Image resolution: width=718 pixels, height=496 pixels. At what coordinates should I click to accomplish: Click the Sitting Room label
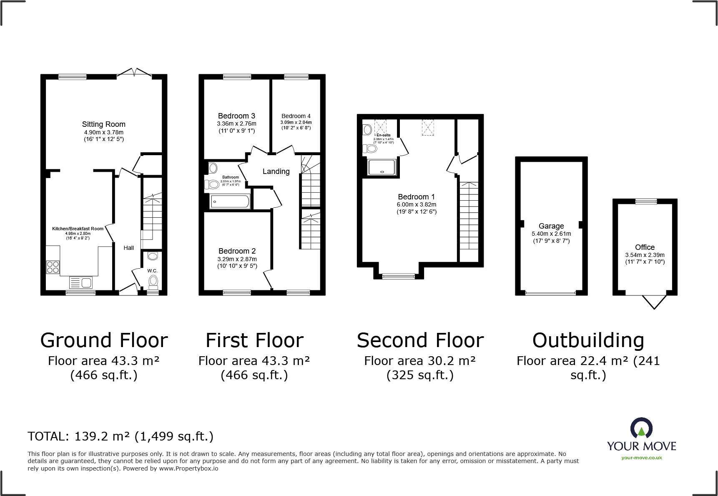coord(103,124)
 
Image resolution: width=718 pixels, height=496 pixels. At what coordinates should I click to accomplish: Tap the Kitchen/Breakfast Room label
coord(78,229)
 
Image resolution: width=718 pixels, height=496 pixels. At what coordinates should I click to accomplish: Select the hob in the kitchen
coord(53,267)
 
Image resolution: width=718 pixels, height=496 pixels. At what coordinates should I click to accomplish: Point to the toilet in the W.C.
coord(153,282)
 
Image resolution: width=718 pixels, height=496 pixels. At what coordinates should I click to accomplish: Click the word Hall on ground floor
coord(128,248)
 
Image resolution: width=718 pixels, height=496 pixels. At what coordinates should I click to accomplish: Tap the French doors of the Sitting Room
coord(134,73)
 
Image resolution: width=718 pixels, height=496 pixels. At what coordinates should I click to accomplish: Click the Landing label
coord(276,171)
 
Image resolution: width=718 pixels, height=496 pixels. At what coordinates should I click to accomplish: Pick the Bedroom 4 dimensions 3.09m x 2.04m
coord(296,122)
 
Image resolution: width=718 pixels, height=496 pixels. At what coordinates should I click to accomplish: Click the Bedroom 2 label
coord(237,251)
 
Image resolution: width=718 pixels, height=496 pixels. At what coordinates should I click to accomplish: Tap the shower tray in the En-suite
coord(382,167)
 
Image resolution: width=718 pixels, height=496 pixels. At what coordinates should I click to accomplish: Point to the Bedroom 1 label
coord(416,197)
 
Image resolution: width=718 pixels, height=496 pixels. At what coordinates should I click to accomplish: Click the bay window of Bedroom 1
coord(398,276)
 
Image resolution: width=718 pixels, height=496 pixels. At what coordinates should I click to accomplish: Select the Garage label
coord(551,226)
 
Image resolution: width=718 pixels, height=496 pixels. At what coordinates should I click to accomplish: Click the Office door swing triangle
coord(654,301)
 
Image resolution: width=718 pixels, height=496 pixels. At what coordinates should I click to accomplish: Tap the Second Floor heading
coord(420,340)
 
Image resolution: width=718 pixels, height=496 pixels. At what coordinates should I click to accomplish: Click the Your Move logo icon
coord(641,428)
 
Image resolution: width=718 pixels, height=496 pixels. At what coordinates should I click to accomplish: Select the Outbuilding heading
coord(588,340)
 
